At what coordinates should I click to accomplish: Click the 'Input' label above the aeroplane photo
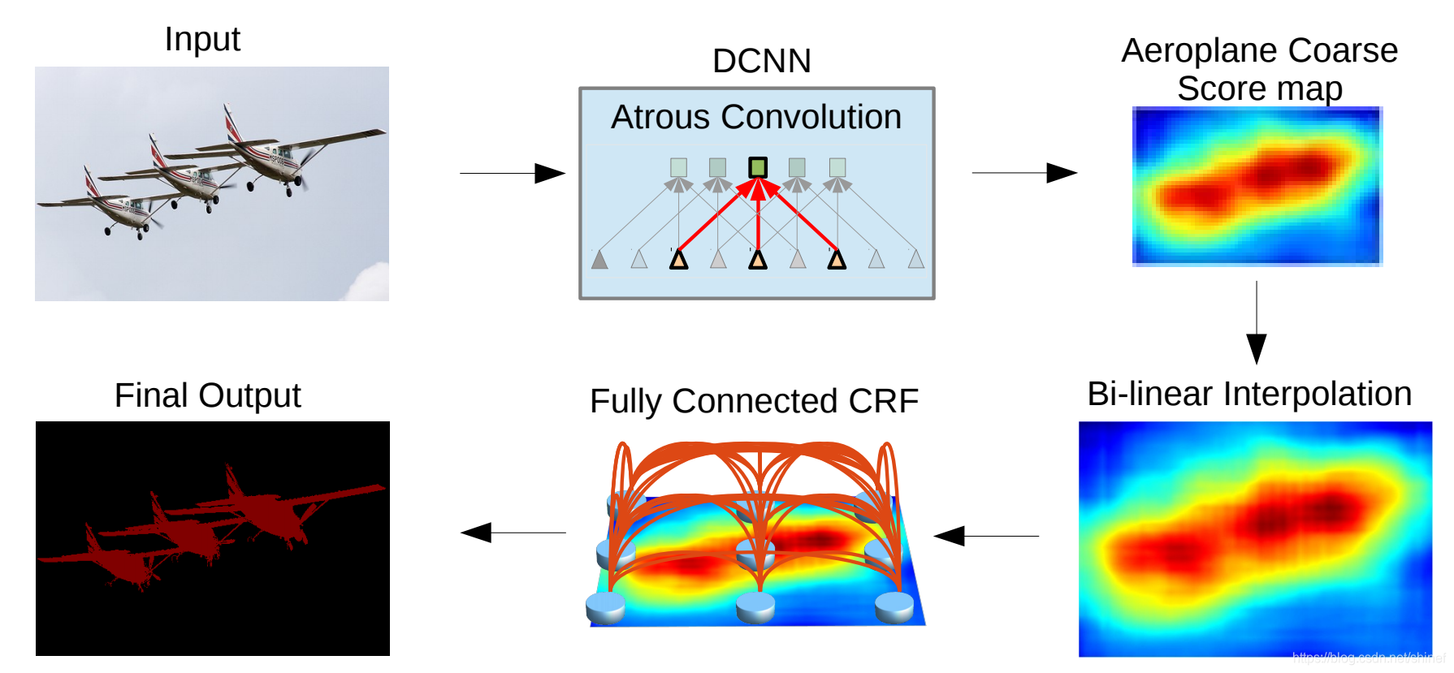click(x=202, y=39)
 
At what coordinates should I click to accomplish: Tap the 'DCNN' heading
click(x=761, y=61)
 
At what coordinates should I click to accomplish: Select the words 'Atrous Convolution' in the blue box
click(x=756, y=117)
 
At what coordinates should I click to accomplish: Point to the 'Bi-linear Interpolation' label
click(x=1249, y=394)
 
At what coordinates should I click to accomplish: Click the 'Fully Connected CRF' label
click(x=754, y=401)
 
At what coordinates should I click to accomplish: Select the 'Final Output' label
click(x=207, y=395)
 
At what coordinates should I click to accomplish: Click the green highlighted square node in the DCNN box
click(x=758, y=168)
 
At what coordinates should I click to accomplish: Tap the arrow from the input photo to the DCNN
click(x=513, y=173)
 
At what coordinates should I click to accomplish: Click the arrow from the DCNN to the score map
click(x=1024, y=173)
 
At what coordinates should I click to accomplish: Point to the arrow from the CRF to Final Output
click(x=513, y=533)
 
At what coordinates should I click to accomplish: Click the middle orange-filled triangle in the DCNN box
click(x=758, y=260)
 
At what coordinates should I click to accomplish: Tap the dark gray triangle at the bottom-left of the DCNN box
click(x=599, y=260)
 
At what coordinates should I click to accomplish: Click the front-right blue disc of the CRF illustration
click(x=894, y=606)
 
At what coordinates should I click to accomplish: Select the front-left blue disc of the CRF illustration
click(x=605, y=606)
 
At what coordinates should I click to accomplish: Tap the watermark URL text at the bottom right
click(x=1368, y=657)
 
